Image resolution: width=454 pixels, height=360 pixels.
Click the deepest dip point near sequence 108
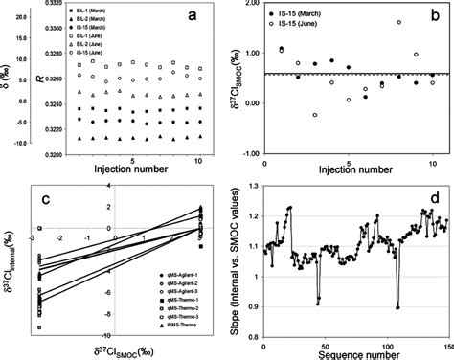396,307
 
